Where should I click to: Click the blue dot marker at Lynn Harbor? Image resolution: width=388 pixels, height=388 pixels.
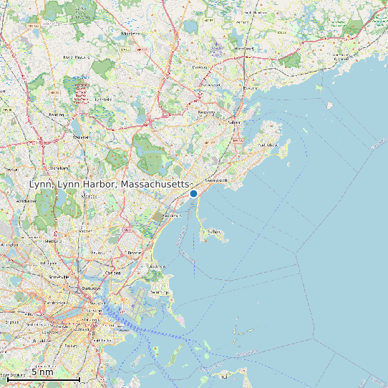coord(193,193)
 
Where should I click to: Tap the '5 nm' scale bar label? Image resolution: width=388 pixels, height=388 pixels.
coord(42,372)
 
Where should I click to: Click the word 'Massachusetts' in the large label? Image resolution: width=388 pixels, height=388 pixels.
coord(156,185)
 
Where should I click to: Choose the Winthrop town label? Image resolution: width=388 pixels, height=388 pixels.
coord(159,292)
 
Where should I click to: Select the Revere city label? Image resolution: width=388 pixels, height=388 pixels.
coord(134,253)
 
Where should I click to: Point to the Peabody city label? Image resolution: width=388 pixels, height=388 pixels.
coord(206,112)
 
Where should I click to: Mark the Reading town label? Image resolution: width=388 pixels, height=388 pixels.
coord(55,114)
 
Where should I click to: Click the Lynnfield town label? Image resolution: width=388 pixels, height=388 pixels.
coord(103,100)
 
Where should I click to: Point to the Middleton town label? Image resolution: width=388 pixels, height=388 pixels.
coord(131,33)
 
